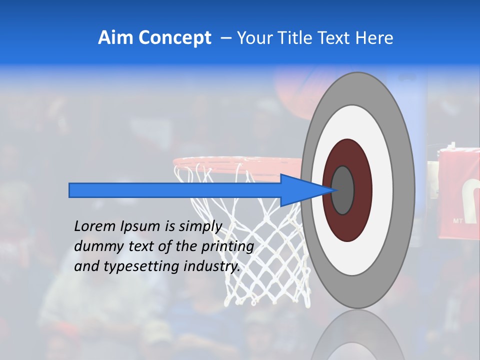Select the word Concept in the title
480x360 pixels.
(175, 38)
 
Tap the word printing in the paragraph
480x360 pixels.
(227, 246)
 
